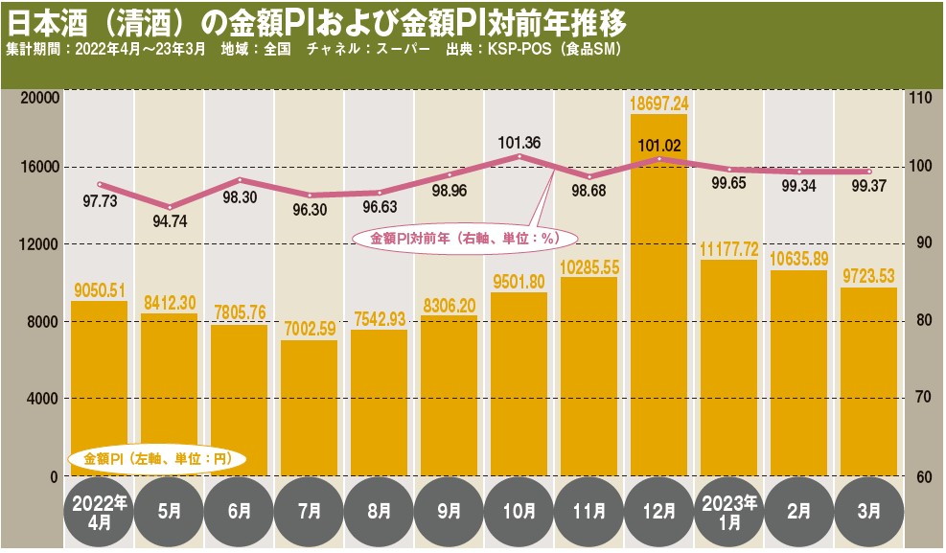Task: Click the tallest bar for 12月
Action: pos(658,297)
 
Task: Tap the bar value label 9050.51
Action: pos(99,291)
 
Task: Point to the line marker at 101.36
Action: pos(519,156)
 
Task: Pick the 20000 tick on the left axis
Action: pos(40,97)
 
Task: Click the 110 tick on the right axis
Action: pos(921,97)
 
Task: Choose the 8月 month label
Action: pos(379,512)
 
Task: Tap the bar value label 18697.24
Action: pos(659,103)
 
